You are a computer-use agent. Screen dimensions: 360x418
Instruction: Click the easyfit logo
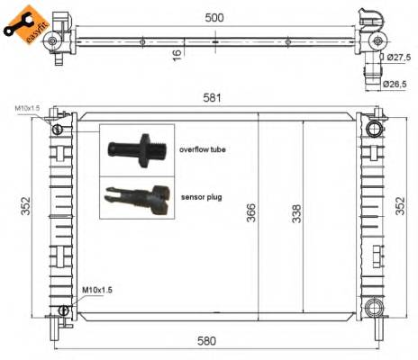tap(21, 23)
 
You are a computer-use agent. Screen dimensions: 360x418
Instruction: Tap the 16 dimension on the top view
tap(177, 54)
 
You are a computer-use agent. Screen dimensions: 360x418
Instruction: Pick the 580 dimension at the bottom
tap(216, 341)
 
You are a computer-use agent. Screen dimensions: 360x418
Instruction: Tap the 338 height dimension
tap(297, 213)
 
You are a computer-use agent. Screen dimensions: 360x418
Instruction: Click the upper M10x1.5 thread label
tap(27, 108)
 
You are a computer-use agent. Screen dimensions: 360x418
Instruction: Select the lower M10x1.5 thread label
tap(95, 290)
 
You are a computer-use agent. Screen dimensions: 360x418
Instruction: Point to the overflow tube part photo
tap(136, 148)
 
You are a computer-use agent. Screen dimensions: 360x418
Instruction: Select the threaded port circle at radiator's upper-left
tap(58, 130)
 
